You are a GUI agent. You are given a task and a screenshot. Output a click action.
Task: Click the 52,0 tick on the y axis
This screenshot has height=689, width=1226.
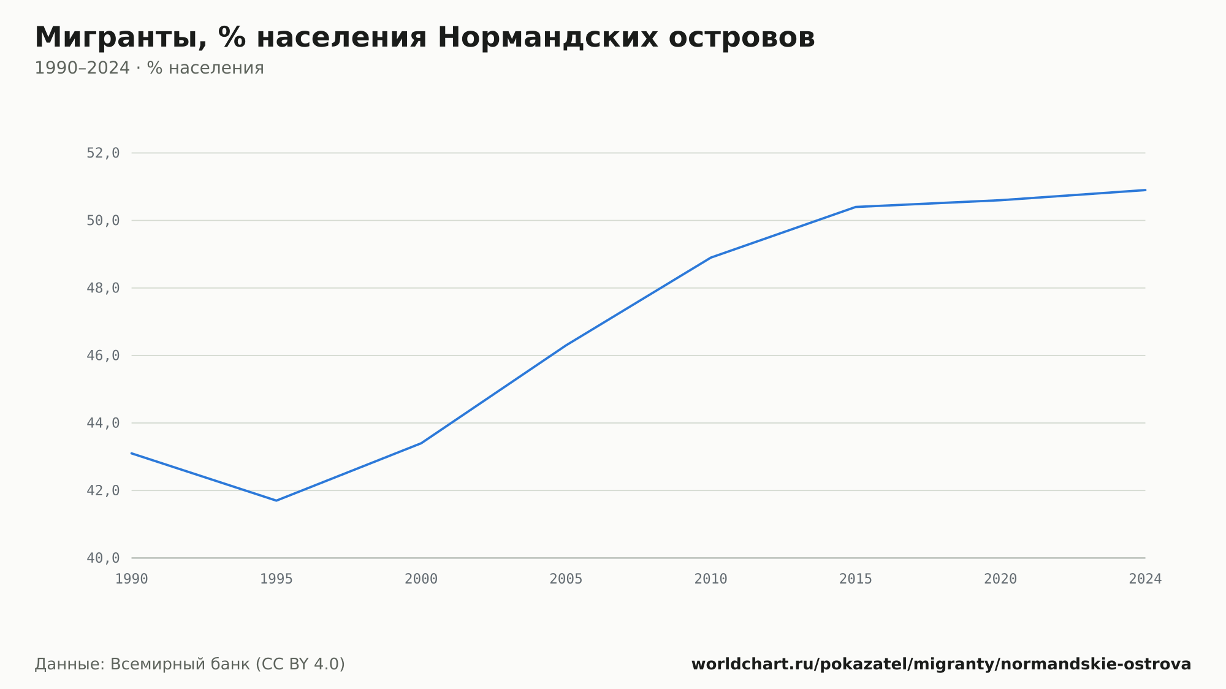point(103,153)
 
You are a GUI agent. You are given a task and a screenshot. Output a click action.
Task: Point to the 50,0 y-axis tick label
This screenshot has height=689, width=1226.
point(103,221)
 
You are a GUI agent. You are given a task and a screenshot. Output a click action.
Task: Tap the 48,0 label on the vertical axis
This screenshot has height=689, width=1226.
point(103,288)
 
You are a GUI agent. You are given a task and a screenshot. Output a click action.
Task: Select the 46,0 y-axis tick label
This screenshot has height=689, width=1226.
point(103,356)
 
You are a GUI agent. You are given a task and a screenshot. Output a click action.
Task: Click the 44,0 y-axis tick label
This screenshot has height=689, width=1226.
point(103,423)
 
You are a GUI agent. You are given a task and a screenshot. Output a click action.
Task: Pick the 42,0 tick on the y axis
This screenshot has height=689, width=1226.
point(103,490)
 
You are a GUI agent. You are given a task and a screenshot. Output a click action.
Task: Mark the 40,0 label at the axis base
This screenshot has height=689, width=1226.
point(103,558)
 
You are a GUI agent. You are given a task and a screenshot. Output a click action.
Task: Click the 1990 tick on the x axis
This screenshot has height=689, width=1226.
point(132,579)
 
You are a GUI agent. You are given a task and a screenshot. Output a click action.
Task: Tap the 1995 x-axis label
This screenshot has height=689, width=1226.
point(276,579)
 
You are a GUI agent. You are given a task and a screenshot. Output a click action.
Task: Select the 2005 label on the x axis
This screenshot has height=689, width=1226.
point(566,579)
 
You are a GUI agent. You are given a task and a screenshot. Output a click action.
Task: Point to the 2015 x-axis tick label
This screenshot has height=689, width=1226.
point(856,579)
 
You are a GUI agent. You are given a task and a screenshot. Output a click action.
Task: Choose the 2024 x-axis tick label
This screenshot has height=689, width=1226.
point(1145,579)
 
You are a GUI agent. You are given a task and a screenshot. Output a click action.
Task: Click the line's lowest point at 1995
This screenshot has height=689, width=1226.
point(276,501)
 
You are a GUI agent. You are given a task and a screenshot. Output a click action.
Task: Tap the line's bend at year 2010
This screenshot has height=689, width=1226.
point(711,257)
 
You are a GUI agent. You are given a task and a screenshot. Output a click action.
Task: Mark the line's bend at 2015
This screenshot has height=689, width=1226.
point(856,207)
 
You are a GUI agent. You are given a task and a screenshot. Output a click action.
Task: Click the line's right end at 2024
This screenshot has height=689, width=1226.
point(1145,190)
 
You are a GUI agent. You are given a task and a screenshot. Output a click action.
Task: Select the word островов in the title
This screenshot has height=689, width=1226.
point(742,38)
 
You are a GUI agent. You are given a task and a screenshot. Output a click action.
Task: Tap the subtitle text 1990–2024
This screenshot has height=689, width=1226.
point(82,68)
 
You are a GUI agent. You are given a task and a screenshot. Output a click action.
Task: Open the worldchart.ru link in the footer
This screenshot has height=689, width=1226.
point(942,664)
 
